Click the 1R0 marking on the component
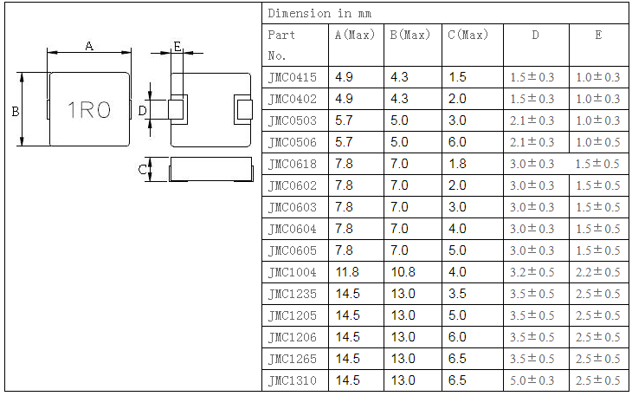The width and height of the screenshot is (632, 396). click(x=90, y=110)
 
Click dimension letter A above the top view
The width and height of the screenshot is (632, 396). click(x=89, y=47)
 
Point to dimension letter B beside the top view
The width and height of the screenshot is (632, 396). click(x=16, y=111)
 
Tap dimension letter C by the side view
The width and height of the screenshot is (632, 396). click(x=143, y=170)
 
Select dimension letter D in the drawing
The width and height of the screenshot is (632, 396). click(x=143, y=110)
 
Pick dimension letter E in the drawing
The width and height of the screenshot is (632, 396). click(x=177, y=47)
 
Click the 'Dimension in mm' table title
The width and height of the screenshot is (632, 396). click(x=312, y=13)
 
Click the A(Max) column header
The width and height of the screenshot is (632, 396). click(x=355, y=36)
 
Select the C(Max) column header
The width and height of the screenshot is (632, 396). click(x=468, y=36)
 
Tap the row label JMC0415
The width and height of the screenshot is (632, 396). click(x=293, y=77)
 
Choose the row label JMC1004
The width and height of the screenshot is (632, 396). click(x=293, y=272)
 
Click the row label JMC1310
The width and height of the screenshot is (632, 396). click(x=293, y=380)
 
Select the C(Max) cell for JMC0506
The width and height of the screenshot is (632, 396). click(x=458, y=142)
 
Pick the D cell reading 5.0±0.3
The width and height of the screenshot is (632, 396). click(x=532, y=380)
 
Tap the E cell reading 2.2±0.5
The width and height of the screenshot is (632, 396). click(x=598, y=272)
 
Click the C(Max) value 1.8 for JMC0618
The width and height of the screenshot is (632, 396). click(x=458, y=164)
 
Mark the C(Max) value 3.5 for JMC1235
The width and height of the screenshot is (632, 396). click(x=458, y=294)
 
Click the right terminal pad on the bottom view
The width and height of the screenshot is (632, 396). click(x=242, y=110)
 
